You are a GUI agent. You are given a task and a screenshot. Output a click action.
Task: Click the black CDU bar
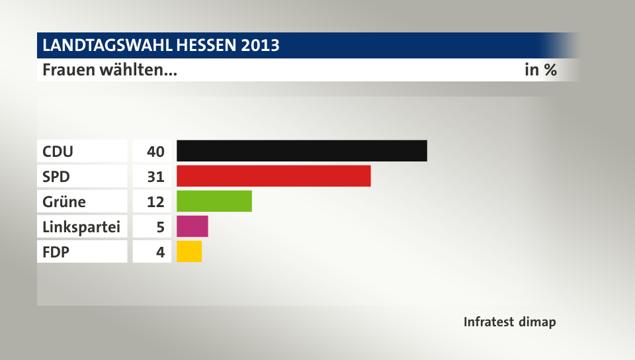click(x=302, y=151)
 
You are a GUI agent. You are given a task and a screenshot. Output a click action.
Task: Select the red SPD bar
click(x=274, y=176)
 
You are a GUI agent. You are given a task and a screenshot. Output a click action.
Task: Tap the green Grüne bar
click(x=214, y=201)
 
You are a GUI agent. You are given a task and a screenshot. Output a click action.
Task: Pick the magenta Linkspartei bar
click(x=192, y=226)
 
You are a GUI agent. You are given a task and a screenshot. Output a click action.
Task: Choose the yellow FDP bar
click(x=189, y=251)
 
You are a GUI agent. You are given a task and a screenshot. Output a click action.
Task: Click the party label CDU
click(x=58, y=152)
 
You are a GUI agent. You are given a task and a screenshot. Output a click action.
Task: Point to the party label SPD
click(x=56, y=177)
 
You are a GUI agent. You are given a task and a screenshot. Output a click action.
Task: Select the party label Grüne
click(x=64, y=202)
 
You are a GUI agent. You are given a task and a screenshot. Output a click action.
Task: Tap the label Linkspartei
click(x=81, y=227)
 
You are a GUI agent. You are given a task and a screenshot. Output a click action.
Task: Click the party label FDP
click(x=56, y=252)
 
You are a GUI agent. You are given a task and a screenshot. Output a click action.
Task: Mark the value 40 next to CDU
click(x=155, y=152)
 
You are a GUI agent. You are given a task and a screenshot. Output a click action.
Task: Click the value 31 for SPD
click(x=155, y=177)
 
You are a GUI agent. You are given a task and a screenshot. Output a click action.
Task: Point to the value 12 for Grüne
click(x=155, y=202)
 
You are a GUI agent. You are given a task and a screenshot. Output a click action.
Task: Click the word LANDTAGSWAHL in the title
click(x=106, y=46)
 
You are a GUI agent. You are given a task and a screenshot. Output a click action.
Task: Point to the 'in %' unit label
click(x=540, y=69)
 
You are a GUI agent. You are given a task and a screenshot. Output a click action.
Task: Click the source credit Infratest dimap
click(x=509, y=322)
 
